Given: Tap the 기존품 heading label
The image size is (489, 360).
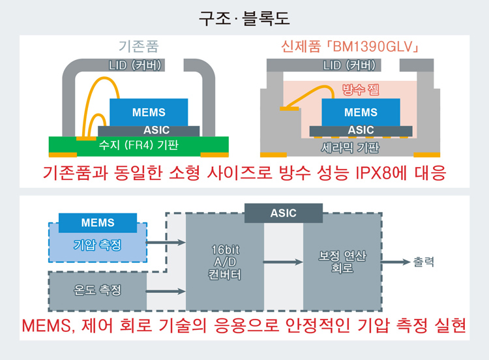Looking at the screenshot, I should click(x=138, y=47).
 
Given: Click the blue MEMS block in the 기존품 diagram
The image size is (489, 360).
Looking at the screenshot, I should click(x=149, y=112).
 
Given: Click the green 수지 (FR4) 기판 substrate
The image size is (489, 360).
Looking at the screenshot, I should click(x=138, y=145).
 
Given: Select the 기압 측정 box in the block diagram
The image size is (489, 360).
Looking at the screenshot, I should click(x=98, y=245).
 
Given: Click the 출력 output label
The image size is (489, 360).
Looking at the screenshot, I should click(x=423, y=262).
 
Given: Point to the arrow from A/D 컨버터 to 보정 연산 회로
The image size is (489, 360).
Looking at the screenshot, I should click(x=284, y=262).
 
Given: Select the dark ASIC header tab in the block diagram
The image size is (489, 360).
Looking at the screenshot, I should click(x=283, y=213).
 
